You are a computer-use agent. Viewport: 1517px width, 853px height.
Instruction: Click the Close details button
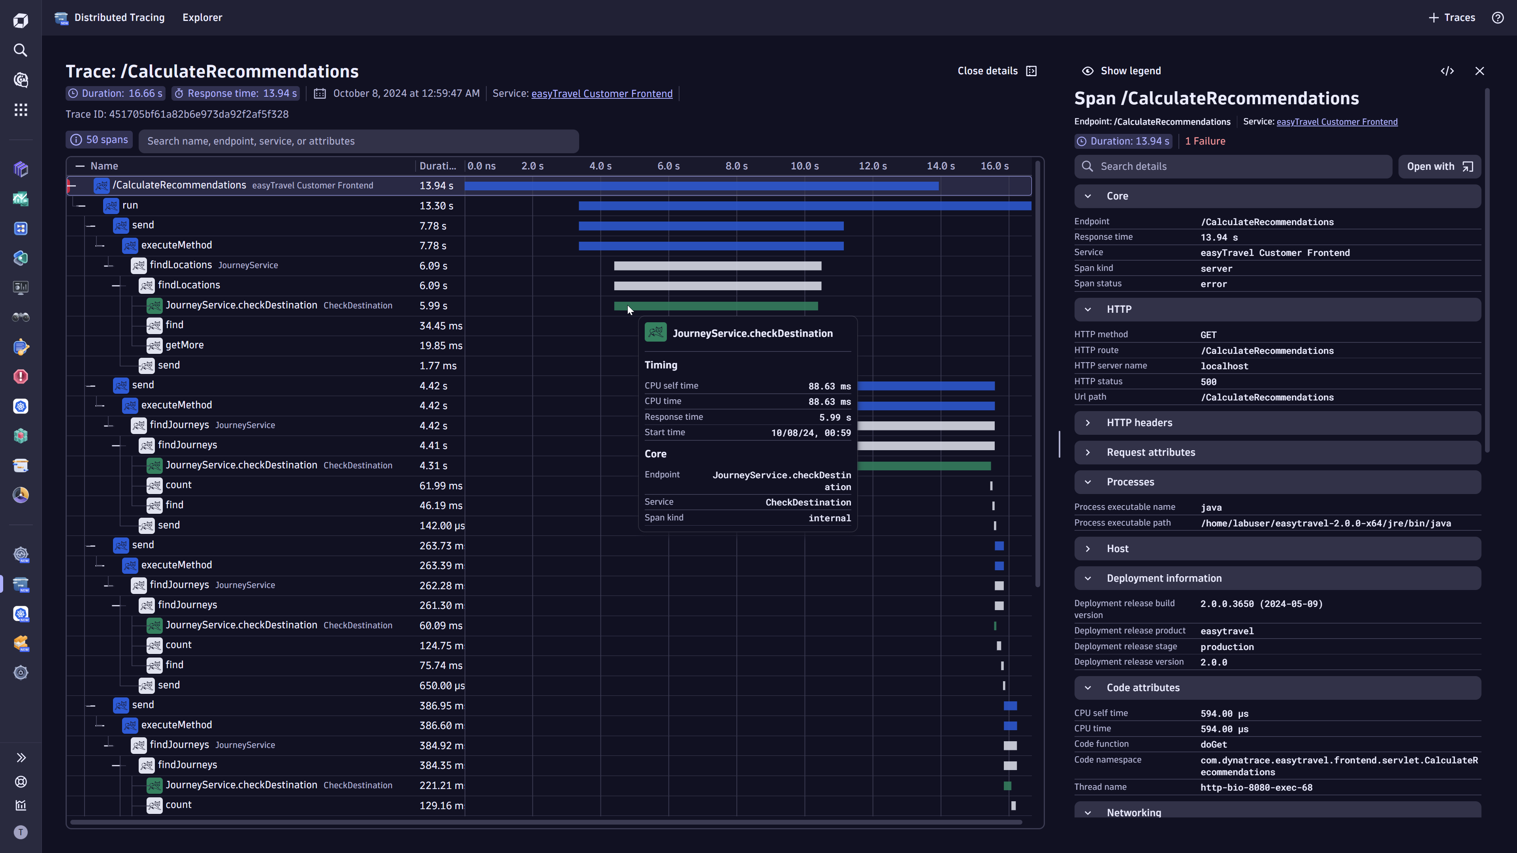(x=996, y=71)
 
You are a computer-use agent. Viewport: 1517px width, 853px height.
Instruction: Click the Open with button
(x=1439, y=167)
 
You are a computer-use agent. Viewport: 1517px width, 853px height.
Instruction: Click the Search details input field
(x=1237, y=167)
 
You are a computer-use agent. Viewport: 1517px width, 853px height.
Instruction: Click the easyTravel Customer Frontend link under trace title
(x=601, y=94)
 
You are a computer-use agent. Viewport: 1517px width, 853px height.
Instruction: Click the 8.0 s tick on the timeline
(x=736, y=166)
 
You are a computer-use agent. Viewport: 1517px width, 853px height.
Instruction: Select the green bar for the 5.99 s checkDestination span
(x=715, y=306)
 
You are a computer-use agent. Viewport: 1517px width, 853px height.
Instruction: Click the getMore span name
(x=184, y=346)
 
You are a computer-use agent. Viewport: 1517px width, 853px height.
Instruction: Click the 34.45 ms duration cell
(x=440, y=325)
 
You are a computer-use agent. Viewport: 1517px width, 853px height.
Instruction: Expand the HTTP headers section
(x=1139, y=423)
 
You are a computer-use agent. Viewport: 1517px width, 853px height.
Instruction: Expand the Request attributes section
(x=1150, y=452)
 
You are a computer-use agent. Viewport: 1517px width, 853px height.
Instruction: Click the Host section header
(x=1117, y=549)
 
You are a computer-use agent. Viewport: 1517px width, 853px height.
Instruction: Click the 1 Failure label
(x=1205, y=141)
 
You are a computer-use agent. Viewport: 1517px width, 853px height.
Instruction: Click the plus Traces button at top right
(x=1452, y=18)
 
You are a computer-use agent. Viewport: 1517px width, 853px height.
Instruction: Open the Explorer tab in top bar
(x=202, y=18)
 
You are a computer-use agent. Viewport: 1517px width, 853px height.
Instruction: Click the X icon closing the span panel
(x=1479, y=71)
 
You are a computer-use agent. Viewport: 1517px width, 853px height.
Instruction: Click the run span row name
(x=130, y=205)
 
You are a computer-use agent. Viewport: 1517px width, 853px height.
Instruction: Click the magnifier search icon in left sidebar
(x=21, y=51)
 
